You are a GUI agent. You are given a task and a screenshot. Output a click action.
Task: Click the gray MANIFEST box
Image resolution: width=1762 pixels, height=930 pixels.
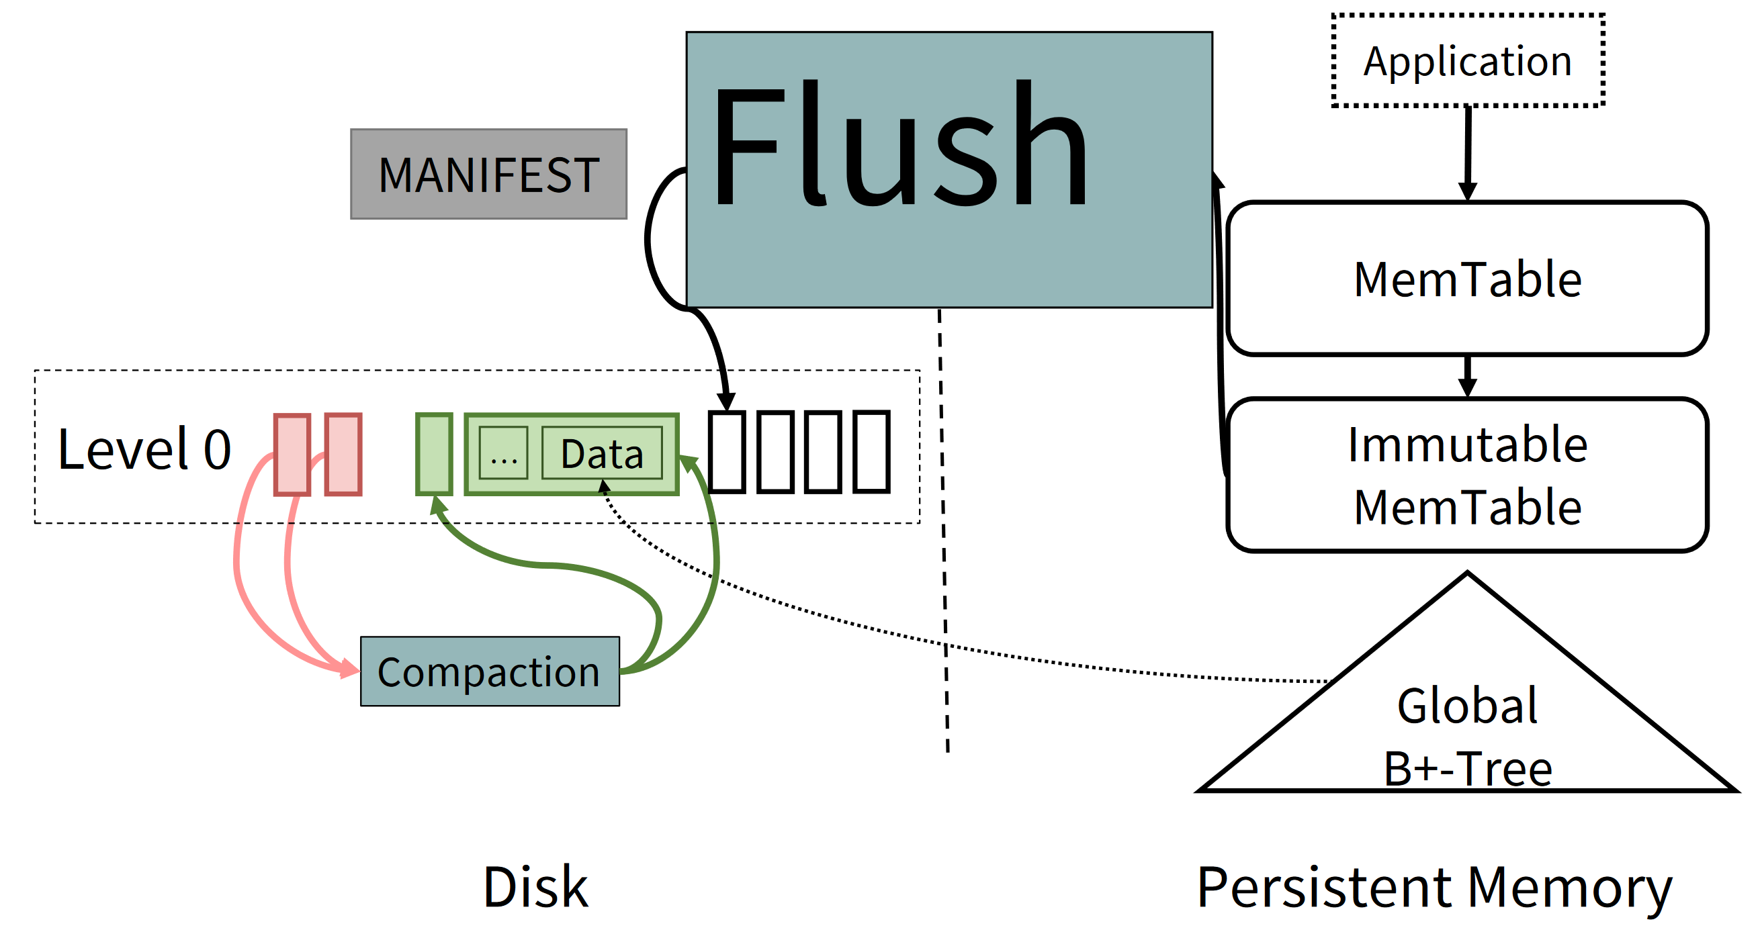tap(488, 174)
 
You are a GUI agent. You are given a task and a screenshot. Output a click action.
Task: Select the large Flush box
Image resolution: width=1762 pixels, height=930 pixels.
tap(949, 170)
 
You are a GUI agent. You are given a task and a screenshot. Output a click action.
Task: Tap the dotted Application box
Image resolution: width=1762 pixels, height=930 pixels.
tap(1468, 60)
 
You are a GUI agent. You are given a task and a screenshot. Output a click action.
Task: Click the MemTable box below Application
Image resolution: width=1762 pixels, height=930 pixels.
tap(1468, 278)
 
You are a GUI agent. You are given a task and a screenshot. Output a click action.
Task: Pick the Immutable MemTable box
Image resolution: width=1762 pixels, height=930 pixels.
tap(1468, 475)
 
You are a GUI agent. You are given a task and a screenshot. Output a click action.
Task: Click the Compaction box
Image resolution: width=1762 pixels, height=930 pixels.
tap(490, 671)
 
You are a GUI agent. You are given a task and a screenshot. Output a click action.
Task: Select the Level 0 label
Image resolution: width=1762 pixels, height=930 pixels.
tap(144, 449)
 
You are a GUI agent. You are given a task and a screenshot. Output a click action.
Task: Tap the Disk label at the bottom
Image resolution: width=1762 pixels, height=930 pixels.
tap(535, 887)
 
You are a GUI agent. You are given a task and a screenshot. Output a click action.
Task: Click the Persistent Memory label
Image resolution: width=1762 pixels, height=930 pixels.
tap(1435, 888)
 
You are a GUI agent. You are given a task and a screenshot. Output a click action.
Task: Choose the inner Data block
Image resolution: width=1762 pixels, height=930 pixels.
tap(602, 453)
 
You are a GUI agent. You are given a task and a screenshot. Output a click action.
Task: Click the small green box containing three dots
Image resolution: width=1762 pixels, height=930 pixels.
tap(503, 453)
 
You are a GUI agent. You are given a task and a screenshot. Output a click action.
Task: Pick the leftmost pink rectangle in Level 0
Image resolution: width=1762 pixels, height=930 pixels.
tap(292, 454)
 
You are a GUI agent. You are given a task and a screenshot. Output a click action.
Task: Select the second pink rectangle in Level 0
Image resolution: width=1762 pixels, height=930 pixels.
tap(343, 454)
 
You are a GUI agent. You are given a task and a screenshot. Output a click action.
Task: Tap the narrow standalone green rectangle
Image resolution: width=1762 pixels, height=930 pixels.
tap(435, 454)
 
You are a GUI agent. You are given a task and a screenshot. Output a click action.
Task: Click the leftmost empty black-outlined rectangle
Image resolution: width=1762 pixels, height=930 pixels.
tap(726, 451)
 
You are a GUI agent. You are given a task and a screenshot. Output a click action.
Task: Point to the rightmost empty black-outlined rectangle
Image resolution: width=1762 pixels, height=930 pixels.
tap(872, 451)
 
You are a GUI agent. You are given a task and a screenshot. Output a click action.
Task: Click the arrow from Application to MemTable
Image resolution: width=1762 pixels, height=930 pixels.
tap(1468, 154)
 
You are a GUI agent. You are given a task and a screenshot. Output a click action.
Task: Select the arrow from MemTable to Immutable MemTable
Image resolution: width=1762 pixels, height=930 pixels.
tap(1467, 377)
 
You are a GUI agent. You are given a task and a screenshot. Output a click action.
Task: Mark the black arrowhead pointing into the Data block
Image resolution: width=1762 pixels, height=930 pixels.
tap(603, 485)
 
